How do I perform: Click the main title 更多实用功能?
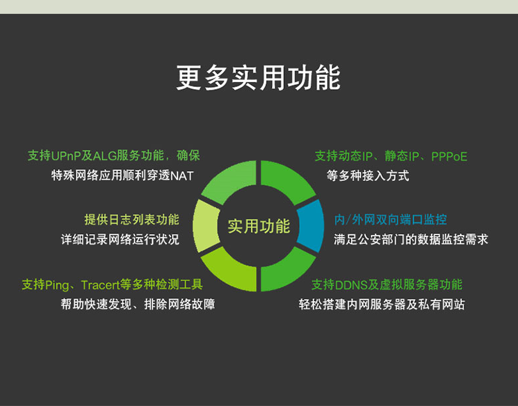258,78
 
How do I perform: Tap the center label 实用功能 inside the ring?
259,226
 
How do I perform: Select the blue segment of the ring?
311,226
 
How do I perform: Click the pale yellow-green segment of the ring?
206,226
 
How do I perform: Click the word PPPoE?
449,157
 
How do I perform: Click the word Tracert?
100,284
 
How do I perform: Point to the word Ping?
57,285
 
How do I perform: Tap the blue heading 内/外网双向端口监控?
390,220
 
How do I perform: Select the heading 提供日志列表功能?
131,220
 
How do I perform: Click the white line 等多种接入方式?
367,176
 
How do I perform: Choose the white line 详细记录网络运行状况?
120,240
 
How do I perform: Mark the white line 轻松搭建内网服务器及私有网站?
381,304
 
